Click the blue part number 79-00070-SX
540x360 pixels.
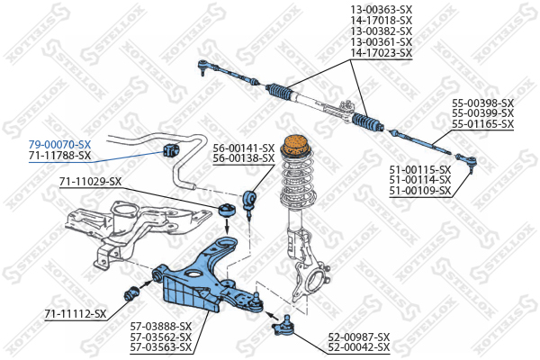pyautogui.click(x=59, y=144)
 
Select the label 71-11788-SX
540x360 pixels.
pyautogui.click(x=59, y=156)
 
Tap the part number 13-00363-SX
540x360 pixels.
pyautogui.click(x=381, y=10)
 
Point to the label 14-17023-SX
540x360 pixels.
pyautogui.click(x=381, y=53)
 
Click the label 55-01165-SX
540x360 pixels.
pyautogui.click(x=482, y=123)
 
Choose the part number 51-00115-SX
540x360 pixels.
pyautogui.click(x=419, y=168)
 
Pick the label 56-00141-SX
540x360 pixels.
pyautogui.click(x=243, y=148)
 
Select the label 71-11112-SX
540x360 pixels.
pyautogui.click(x=75, y=314)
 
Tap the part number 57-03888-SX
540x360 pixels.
pyautogui.click(x=161, y=326)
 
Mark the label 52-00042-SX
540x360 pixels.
pyautogui.click(x=358, y=346)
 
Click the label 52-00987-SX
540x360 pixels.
pyautogui.click(x=358, y=336)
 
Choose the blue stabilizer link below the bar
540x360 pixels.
pyautogui.click(x=251, y=200)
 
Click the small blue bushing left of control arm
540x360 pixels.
pyautogui.click(x=131, y=291)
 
